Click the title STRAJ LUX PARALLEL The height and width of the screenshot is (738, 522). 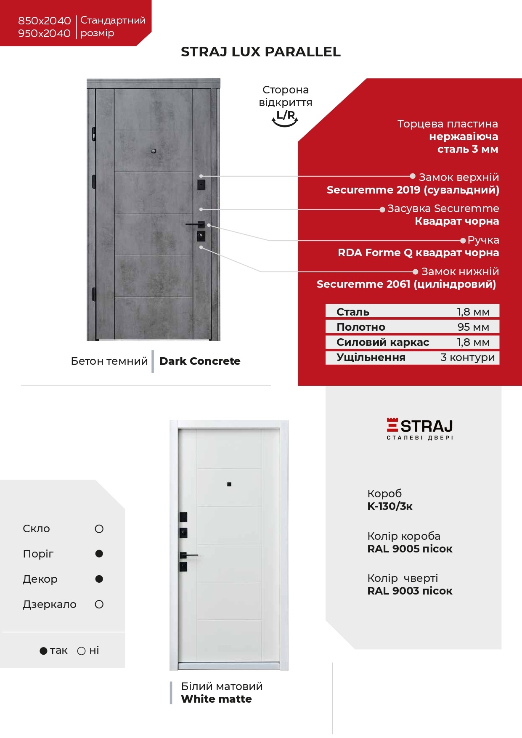[260, 52]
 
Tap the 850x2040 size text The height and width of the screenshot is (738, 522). [44, 21]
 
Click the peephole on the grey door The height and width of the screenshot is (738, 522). [154, 151]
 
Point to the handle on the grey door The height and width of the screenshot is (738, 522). [196, 224]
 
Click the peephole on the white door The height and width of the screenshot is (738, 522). [229, 484]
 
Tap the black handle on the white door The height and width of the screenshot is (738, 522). [189, 555]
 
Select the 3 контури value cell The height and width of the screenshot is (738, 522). [467, 357]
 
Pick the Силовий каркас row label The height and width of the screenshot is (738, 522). [382, 342]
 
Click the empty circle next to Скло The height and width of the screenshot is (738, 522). [99, 529]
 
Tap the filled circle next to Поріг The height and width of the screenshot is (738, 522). [99, 554]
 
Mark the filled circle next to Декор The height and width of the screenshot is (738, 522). [99, 579]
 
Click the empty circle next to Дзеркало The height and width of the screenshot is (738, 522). [99, 604]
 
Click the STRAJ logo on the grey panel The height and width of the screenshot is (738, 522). [420, 428]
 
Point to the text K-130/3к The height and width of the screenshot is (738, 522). [390, 506]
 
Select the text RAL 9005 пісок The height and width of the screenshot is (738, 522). [410, 549]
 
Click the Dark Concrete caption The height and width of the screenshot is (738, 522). [200, 361]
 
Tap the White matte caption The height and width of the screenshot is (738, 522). [216, 699]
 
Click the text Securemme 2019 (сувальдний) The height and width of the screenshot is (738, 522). [413, 190]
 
